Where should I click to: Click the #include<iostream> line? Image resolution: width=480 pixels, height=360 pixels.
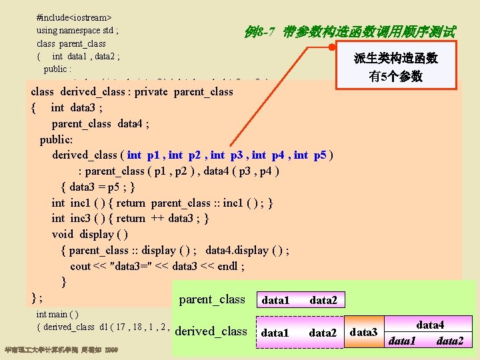coord(74,15)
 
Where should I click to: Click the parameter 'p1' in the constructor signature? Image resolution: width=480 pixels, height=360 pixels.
coord(153,155)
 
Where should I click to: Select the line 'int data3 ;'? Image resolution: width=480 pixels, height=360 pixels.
coord(77,107)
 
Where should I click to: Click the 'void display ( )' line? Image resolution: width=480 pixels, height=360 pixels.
coord(90,234)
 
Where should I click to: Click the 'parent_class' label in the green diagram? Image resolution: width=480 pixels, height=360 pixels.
coord(212,299)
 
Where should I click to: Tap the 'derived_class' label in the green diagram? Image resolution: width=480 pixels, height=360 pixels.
coord(211,331)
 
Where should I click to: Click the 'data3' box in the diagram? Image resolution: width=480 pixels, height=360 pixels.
coord(364,332)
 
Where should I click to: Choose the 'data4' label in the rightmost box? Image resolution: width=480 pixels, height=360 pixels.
coord(430,325)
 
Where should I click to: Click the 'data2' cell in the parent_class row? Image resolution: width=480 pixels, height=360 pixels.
coord(323,301)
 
